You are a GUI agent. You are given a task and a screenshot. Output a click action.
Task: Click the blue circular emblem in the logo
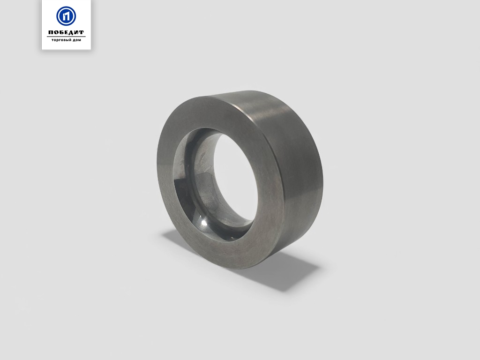[66, 16]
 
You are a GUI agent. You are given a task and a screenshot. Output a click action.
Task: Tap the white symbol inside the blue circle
[66, 16]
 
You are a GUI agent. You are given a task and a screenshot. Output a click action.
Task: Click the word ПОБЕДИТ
[66, 32]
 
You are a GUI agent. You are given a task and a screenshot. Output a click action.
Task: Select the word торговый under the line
[60, 40]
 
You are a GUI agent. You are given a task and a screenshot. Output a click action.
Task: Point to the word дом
[76, 40]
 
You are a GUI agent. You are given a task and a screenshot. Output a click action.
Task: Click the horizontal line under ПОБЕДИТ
[66, 37]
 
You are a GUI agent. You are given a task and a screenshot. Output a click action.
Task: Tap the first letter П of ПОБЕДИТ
[51, 32]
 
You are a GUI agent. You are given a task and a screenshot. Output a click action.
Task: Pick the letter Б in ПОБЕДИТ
[61, 32]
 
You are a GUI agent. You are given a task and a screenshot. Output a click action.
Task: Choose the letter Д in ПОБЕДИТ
[71, 33]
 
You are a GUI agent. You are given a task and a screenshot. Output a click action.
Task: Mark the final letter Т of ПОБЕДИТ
[82, 32]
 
